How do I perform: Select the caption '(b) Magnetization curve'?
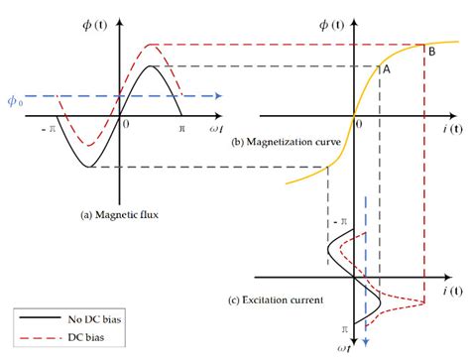[287, 143]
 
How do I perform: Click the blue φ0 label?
[14, 100]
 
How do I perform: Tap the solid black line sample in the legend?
[37, 320]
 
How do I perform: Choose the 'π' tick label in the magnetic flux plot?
[181, 129]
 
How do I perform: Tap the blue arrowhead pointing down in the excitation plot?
[367, 341]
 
